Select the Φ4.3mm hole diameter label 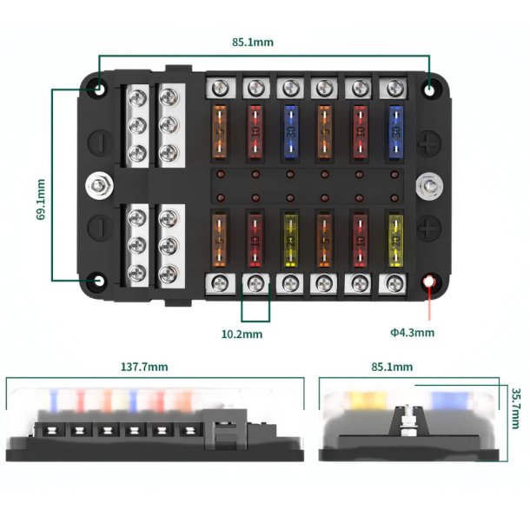[413, 332]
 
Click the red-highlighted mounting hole [430, 282]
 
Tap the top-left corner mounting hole [100, 88]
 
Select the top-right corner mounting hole [431, 89]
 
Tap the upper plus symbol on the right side [427, 141]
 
